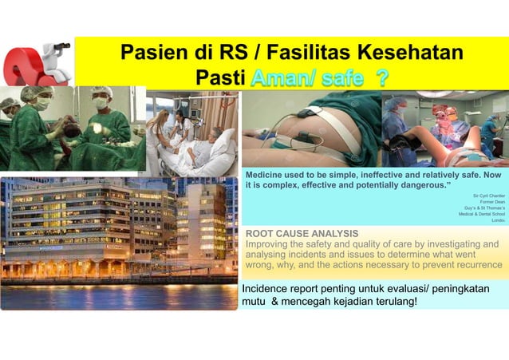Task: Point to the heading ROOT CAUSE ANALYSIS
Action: pos(302,233)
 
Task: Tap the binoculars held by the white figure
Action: pos(61,46)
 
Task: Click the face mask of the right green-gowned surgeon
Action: pos(101,104)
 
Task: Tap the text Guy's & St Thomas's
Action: pos(482,208)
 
